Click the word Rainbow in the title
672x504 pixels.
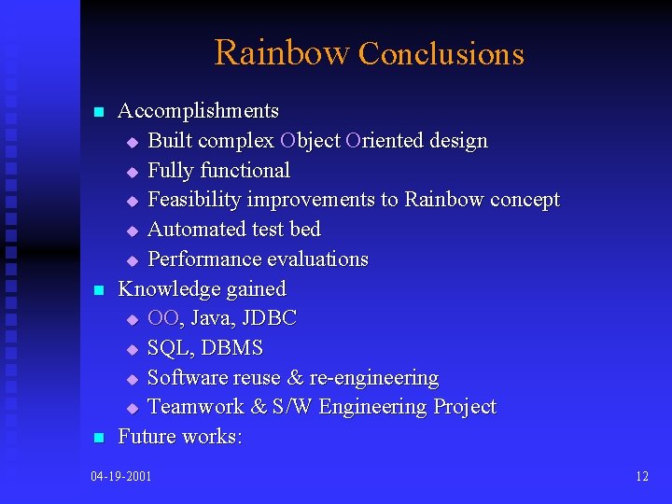282,53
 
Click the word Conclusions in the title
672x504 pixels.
441,55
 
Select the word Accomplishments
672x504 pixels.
198,111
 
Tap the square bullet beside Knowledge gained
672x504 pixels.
98,291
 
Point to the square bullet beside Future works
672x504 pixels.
98,439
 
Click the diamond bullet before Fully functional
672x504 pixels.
132,173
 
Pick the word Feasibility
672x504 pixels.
194,200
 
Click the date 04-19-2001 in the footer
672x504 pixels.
121,477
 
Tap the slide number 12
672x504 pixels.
641,477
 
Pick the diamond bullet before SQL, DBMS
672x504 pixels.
132,350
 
